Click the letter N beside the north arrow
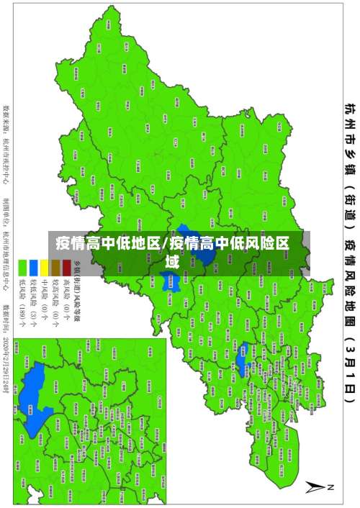click(x=332, y=487)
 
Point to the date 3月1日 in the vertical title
click(x=348, y=360)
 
